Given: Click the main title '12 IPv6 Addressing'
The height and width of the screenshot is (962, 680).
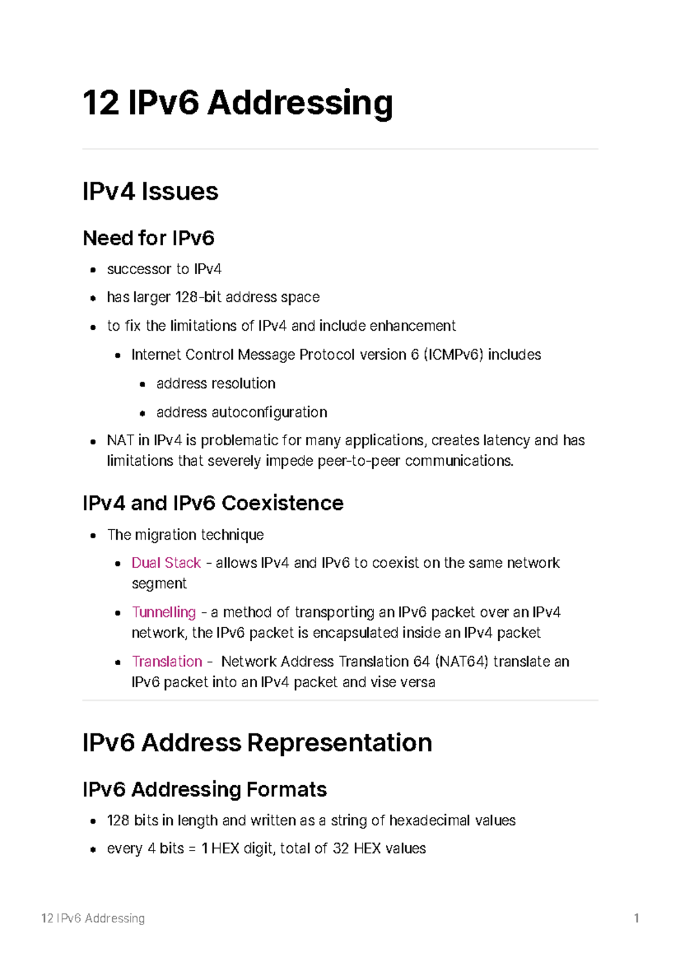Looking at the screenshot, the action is click(x=237, y=103).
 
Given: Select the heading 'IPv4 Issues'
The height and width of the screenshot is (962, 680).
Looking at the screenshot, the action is click(x=150, y=191).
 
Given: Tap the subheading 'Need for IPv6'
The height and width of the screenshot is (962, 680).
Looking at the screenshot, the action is click(x=148, y=238).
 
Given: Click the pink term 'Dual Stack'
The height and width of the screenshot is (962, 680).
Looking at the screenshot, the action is click(x=166, y=563).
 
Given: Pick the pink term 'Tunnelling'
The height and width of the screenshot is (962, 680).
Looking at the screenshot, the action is click(x=164, y=612).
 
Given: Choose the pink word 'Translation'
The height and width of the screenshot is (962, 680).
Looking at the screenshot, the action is click(x=167, y=661).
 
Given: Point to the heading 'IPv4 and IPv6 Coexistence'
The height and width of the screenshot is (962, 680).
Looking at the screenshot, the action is click(x=213, y=503).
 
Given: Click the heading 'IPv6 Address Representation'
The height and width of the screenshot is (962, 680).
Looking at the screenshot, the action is click(x=257, y=743).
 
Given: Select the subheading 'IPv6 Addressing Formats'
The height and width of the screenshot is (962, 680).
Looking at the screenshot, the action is click(x=205, y=789).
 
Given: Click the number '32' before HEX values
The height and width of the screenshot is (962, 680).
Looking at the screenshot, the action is click(x=341, y=848).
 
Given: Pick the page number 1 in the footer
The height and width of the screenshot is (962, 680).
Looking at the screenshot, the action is click(x=636, y=918).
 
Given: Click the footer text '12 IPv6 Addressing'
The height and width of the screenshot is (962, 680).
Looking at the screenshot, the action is click(x=93, y=918).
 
